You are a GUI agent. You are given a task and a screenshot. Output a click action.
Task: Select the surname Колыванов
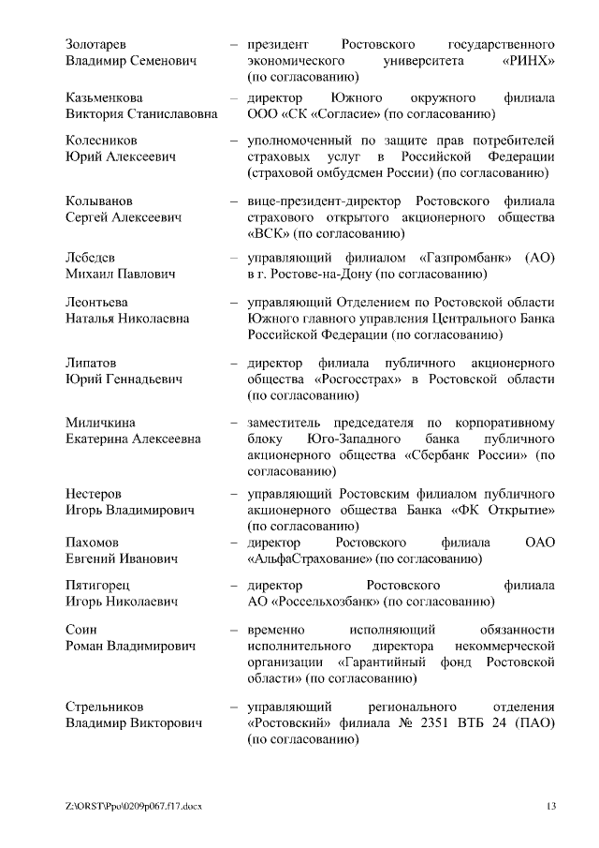tap(99, 201)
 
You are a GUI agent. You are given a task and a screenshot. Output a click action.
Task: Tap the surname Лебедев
tap(93, 257)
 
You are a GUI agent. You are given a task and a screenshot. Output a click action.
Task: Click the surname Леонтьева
tap(97, 302)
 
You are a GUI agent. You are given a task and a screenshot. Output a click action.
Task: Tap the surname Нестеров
tap(94, 493)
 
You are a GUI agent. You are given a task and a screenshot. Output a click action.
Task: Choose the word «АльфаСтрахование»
tap(308, 559)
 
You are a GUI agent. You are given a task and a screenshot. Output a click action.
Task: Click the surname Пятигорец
tap(98, 586)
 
